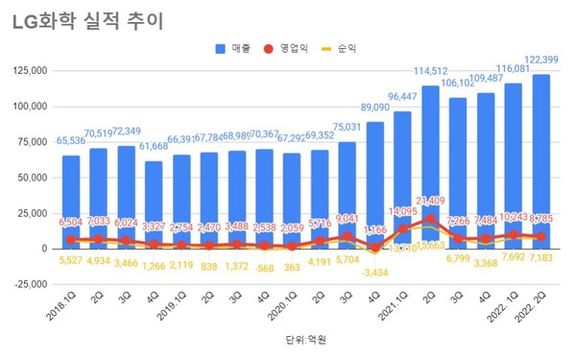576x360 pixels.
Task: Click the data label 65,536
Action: [x=71, y=140]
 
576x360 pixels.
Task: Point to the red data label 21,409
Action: [x=431, y=201]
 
